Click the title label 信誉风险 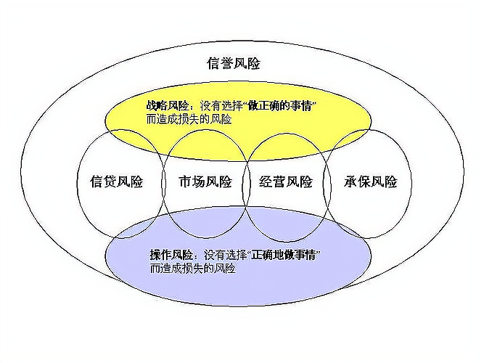pos(234,63)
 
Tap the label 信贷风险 pos(117,181)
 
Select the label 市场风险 pos(205,181)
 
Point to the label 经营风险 pos(286,181)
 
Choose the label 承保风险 pos(370,181)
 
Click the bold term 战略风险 pos(168,106)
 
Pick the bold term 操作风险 pos(171,256)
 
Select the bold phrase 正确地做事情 pos(284,256)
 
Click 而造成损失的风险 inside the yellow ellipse pos(189,119)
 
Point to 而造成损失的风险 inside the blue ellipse pos(193,269)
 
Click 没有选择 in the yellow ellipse pos(221,106)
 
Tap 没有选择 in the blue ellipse pos(225,256)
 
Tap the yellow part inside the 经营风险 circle pos(285,147)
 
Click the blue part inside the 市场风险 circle pos(205,222)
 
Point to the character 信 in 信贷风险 pos(97,181)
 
